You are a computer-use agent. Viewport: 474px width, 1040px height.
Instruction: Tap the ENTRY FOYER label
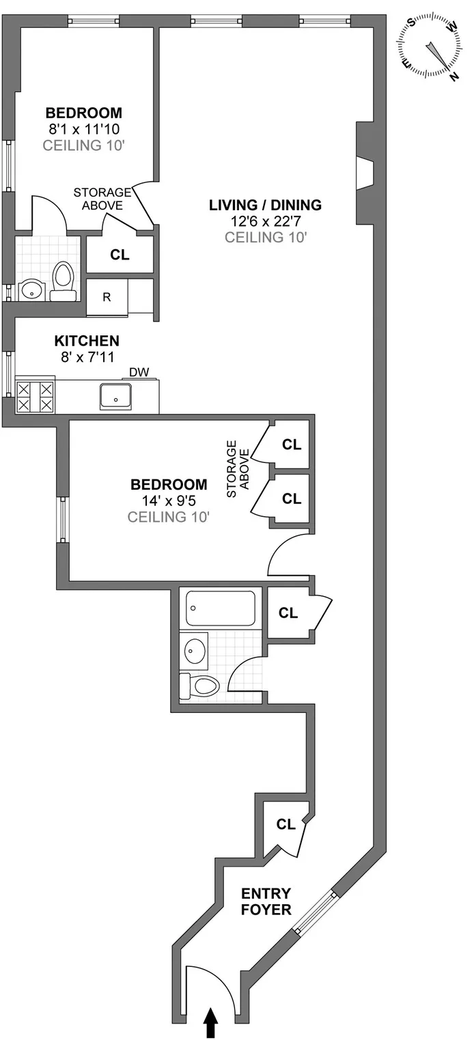pyautogui.click(x=266, y=902)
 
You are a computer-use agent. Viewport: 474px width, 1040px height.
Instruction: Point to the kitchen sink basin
pyautogui.click(x=116, y=397)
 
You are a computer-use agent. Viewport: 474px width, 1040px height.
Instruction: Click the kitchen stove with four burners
pyautogui.click(x=35, y=397)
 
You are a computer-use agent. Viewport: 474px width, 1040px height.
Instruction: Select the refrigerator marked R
pyautogui.click(x=107, y=297)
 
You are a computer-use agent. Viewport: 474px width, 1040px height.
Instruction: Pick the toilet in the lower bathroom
pyautogui.click(x=199, y=686)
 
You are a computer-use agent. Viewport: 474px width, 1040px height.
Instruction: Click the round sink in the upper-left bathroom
pyautogui.click(x=31, y=290)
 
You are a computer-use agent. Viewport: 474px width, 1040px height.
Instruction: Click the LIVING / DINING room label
pyautogui.click(x=265, y=204)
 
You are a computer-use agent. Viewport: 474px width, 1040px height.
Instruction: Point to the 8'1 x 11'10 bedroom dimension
pyautogui.click(x=83, y=128)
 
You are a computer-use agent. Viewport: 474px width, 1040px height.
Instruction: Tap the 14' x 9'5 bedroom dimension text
pyautogui.click(x=168, y=501)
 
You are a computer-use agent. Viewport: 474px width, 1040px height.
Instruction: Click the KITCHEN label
pyautogui.click(x=87, y=340)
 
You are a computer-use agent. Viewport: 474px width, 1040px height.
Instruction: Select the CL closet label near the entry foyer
pyautogui.click(x=285, y=824)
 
